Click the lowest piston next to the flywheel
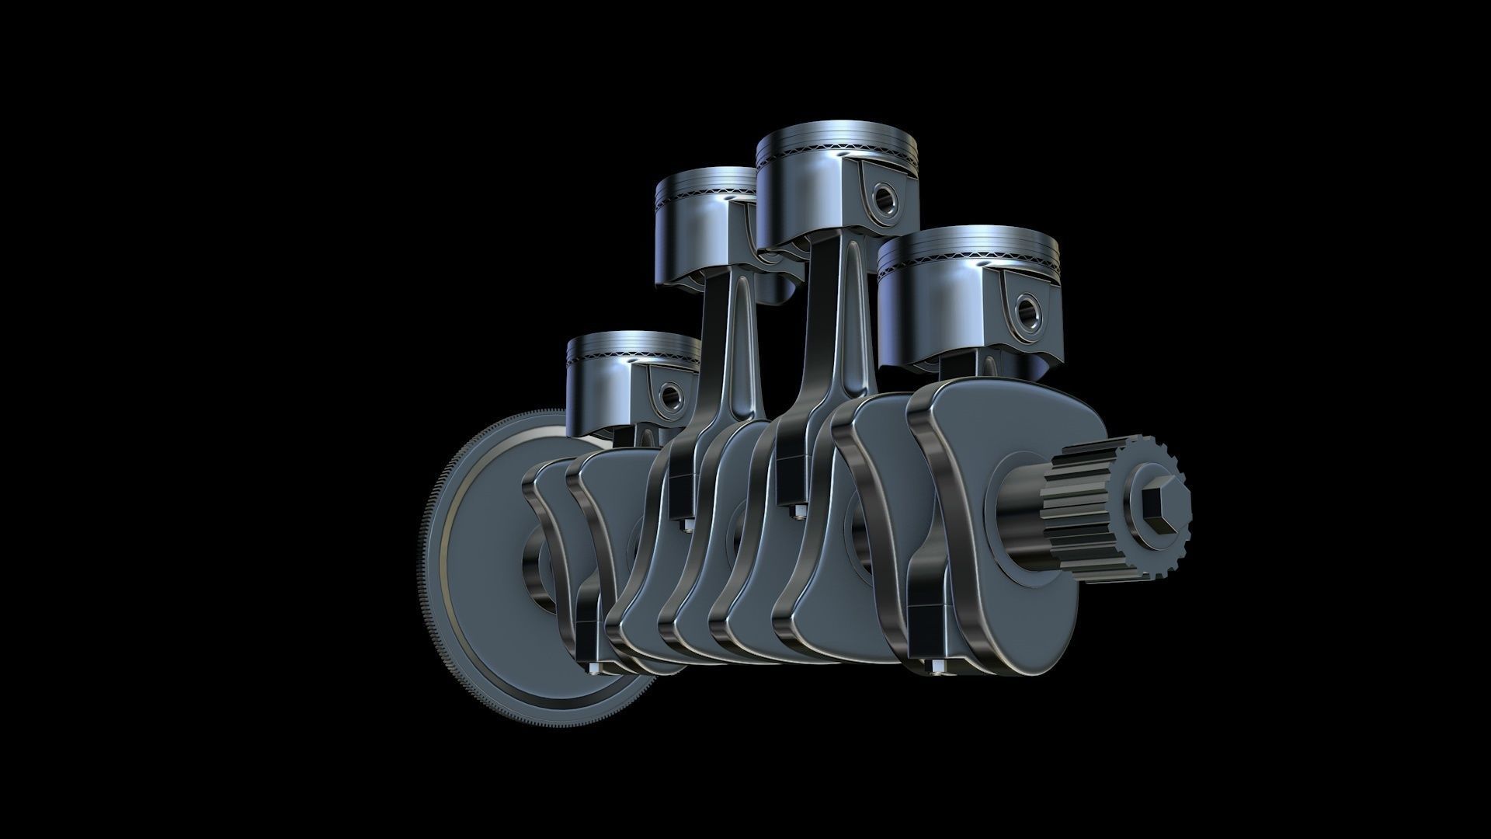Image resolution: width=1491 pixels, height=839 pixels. [613, 388]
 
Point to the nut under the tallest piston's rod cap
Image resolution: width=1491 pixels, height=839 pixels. [797, 510]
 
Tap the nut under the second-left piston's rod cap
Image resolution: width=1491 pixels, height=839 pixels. [686, 524]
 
